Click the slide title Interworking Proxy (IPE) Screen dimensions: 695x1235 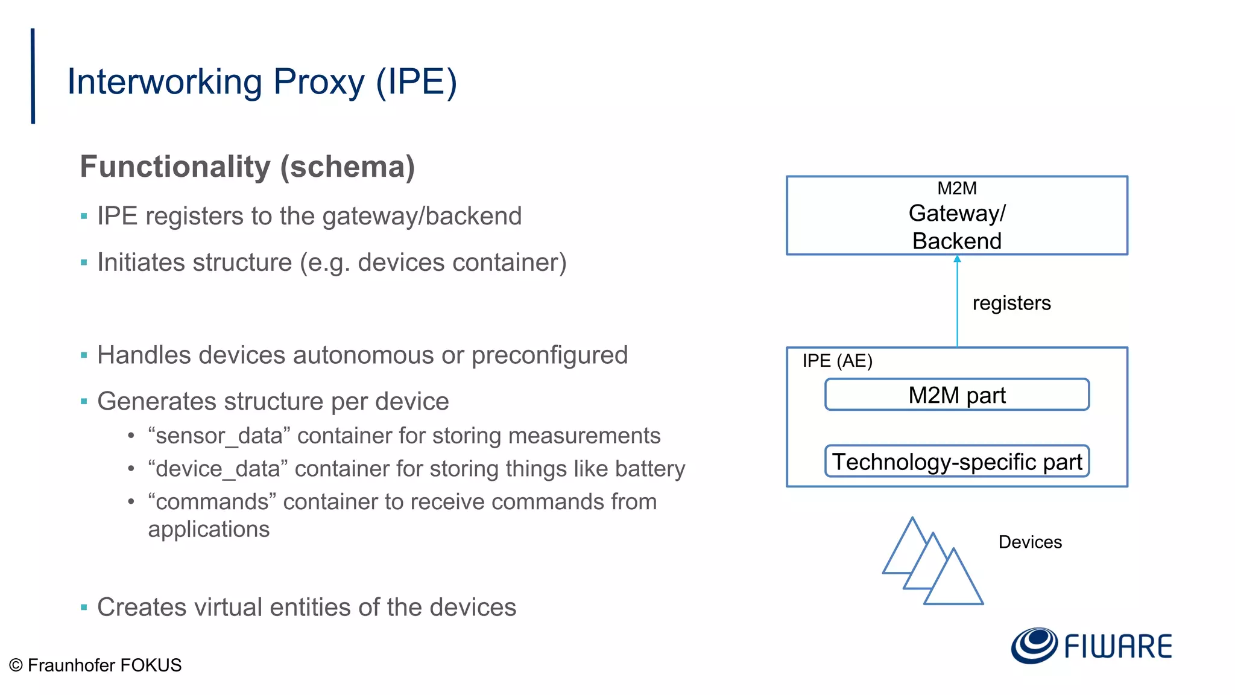click(x=262, y=82)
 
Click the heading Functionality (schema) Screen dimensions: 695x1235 click(x=247, y=167)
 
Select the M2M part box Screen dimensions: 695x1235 click(x=956, y=395)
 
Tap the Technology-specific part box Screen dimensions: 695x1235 click(x=956, y=462)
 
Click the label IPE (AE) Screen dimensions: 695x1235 click(x=837, y=361)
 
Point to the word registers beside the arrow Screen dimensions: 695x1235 click(x=1011, y=303)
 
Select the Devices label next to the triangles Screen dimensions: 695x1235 click(x=1030, y=542)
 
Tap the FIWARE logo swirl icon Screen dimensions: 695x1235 click(x=1034, y=646)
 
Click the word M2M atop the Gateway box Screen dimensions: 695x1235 click(x=957, y=188)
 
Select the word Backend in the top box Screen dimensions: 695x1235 click(x=957, y=241)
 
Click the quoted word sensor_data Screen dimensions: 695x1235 click(x=220, y=436)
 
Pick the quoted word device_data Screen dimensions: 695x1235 click(x=218, y=469)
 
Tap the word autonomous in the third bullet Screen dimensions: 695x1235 click(x=359, y=355)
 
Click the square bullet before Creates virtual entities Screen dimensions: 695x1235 click(x=84, y=607)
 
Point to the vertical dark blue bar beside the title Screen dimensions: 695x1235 click(x=33, y=76)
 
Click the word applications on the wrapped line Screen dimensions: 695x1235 click(x=209, y=529)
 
